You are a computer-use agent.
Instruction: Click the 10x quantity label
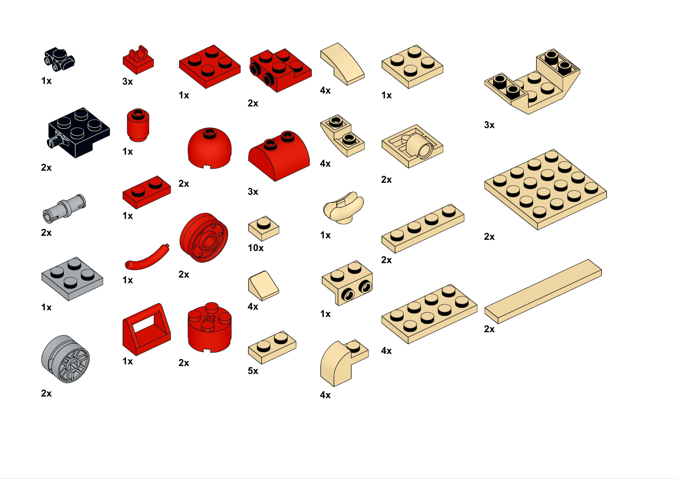(x=255, y=248)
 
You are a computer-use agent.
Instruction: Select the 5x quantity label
(x=253, y=371)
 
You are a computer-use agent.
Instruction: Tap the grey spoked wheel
(x=66, y=359)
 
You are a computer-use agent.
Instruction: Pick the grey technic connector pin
(x=65, y=209)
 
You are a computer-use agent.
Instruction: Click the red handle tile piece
(x=147, y=329)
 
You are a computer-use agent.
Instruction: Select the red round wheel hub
(x=204, y=237)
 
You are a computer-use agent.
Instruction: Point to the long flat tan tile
(x=543, y=291)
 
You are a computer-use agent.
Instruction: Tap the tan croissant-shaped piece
(x=343, y=208)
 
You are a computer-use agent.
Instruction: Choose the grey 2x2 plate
(x=72, y=279)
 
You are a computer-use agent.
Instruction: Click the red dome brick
(x=209, y=148)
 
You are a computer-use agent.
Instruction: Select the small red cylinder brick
(x=138, y=125)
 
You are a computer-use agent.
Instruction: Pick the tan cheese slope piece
(x=264, y=286)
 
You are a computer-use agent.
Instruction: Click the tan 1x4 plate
(x=423, y=228)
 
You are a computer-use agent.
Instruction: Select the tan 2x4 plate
(x=429, y=314)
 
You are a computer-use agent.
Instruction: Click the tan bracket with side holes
(x=347, y=283)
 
